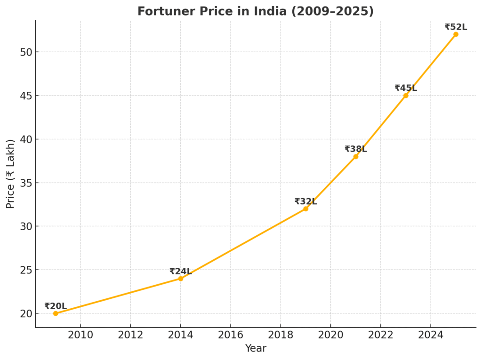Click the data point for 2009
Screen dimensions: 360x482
pos(56,313)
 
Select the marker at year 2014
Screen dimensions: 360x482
pos(181,279)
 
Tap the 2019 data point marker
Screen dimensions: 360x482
pos(305,208)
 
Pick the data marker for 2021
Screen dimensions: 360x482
pos(356,156)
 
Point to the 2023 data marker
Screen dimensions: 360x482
pos(406,96)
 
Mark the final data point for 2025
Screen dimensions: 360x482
pos(456,34)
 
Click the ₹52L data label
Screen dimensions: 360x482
pos(456,27)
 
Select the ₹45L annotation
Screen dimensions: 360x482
pos(406,88)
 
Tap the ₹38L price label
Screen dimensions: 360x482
pos(356,149)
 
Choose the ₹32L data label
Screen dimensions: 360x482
pos(305,201)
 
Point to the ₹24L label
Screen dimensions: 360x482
pos(181,272)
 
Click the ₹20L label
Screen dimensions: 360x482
pos(56,306)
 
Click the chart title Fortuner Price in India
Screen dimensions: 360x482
pos(255,11)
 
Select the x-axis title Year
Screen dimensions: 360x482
pos(256,349)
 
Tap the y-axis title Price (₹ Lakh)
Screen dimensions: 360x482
pos(11,174)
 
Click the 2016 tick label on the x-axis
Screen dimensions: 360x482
pos(230,335)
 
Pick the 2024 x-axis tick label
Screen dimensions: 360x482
pos(430,335)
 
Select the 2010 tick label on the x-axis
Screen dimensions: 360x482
pos(80,335)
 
